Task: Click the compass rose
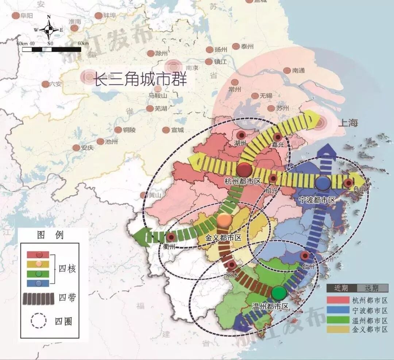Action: [49, 30]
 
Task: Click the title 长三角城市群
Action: [140, 79]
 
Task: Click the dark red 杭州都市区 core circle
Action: [244, 170]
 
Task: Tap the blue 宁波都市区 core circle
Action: [322, 183]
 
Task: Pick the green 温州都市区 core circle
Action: [279, 293]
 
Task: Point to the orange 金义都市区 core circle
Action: [224, 220]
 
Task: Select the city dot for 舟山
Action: [348, 183]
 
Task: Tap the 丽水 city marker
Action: [231, 265]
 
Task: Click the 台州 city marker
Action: [305, 256]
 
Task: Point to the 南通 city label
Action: [298, 70]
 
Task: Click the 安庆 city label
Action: [88, 148]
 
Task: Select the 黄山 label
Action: [154, 195]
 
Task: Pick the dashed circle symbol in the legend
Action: [39, 321]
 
